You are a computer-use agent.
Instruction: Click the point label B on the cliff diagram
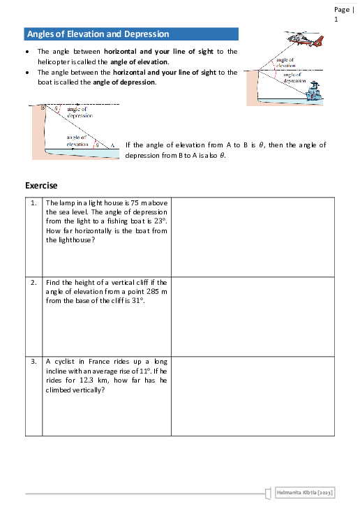[x=43, y=108]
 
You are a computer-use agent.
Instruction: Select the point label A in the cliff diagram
[x=113, y=145]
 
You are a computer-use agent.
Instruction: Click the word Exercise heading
[x=41, y=186]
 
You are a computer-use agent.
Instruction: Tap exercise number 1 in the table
[x=33, y=203]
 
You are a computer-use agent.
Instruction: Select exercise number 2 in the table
[x=33, y=283]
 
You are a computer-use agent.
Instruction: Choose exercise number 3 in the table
[x=33, y=362]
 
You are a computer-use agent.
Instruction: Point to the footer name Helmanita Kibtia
[x=304, y=493]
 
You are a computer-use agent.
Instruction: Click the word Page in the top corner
[x=341, y=10]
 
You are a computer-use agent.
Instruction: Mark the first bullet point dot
[x=27, y=52]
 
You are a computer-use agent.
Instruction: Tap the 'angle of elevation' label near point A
[x=77, y=141]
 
